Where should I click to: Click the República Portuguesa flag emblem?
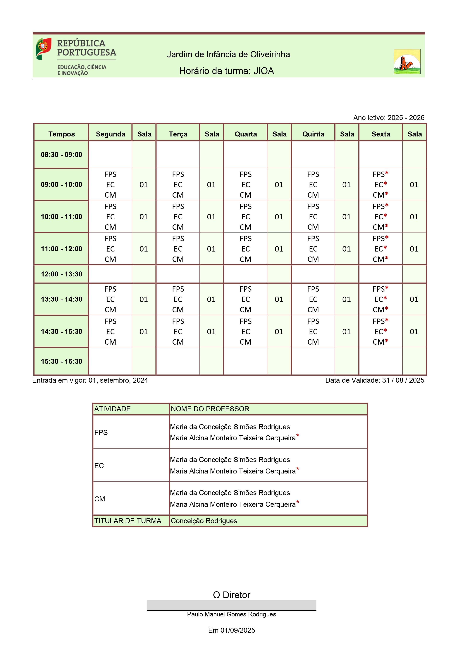pos(43,49)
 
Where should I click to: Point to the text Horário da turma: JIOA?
pos(226,71)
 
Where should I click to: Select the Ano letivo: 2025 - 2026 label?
pos(389,118)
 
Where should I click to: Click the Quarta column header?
pos(246,134)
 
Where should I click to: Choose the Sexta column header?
pos(380,134)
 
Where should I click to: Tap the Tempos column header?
pos(61,134)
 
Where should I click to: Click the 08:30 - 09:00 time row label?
pos(61,155)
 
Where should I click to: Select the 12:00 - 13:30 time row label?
pos(61,274)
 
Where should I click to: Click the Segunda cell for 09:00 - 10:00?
pos(110,185)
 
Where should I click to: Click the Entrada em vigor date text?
pos(90,380)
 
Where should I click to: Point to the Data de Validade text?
pos(375,380)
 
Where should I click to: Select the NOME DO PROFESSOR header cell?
pos(268,409)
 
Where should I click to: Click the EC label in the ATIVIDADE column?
pos(99,466)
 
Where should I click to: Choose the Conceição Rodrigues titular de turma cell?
pos(268,521)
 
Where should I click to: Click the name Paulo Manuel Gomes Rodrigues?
pos(232,614)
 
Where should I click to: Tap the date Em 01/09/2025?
pos(232,630)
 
